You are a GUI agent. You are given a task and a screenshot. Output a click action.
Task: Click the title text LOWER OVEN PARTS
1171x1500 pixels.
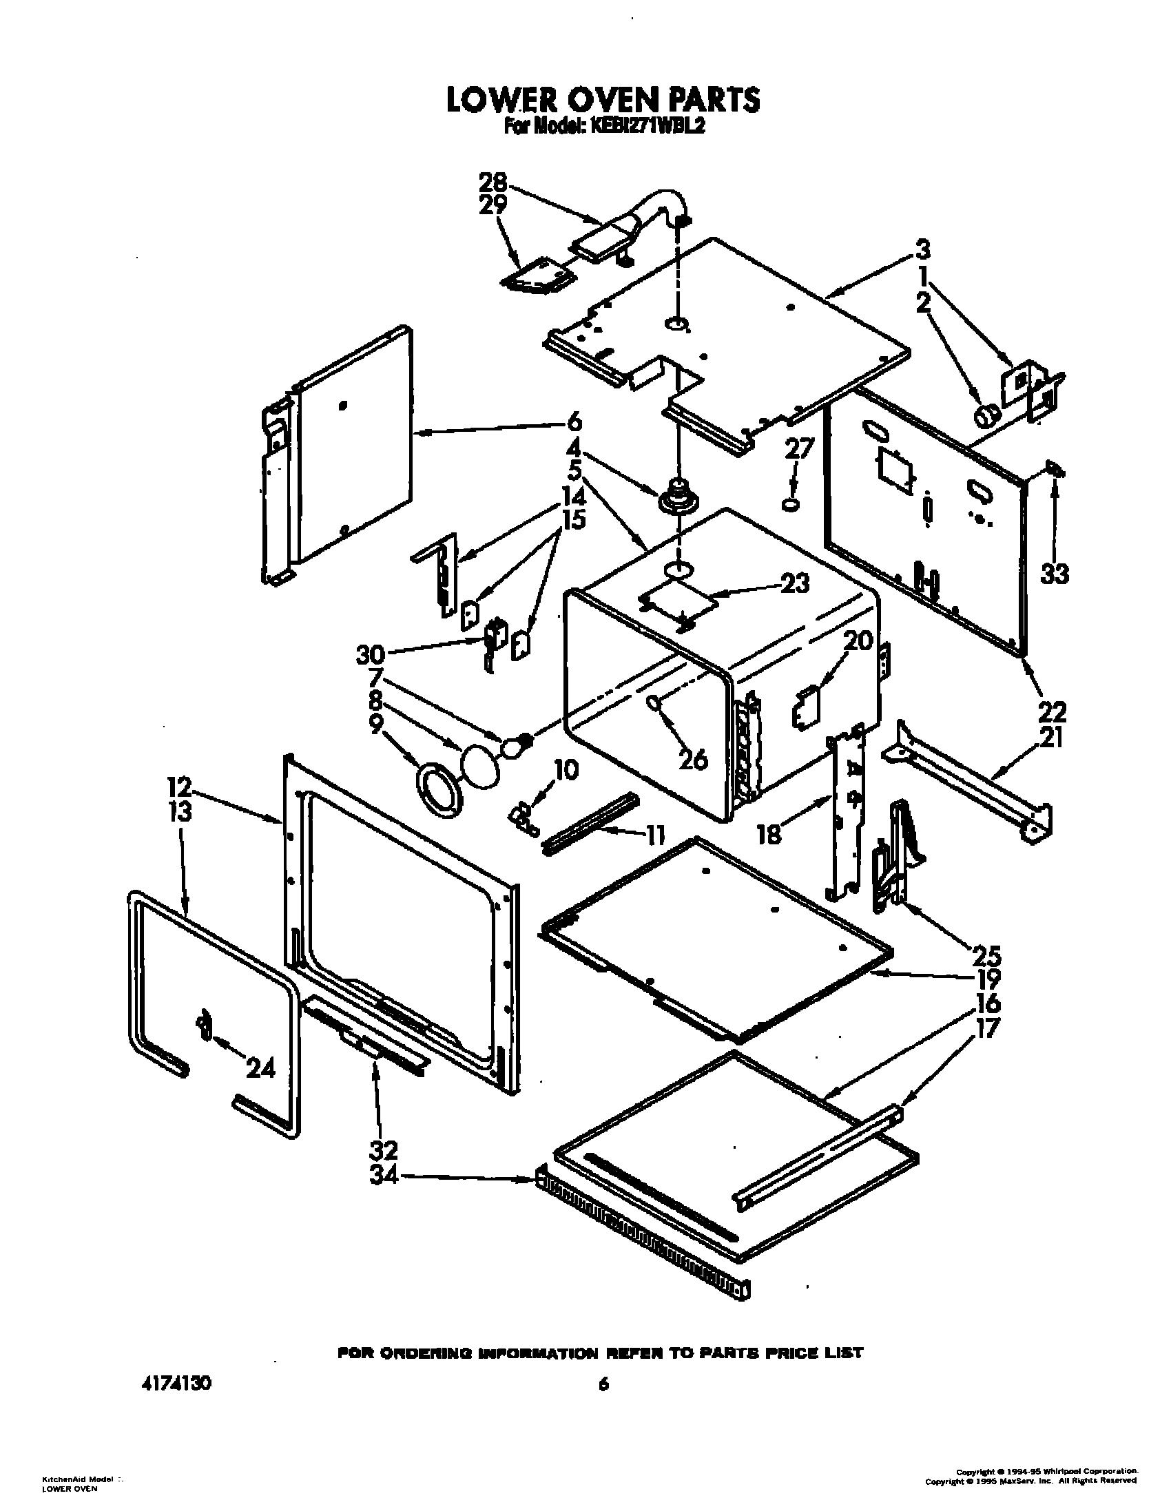[603, 100]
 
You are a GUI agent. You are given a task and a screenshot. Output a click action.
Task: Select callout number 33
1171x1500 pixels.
[1055, 573]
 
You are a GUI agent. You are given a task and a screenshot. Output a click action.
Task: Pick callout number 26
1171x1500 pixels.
[693, 758]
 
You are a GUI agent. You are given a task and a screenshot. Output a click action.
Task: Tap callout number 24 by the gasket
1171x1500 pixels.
[261, 1068]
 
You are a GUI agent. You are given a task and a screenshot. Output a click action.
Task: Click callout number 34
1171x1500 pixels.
[384, 1178]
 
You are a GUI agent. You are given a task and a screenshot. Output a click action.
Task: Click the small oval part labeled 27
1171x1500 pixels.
[791, 505]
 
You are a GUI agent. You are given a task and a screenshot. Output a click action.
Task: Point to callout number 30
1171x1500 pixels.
[371, 655]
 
